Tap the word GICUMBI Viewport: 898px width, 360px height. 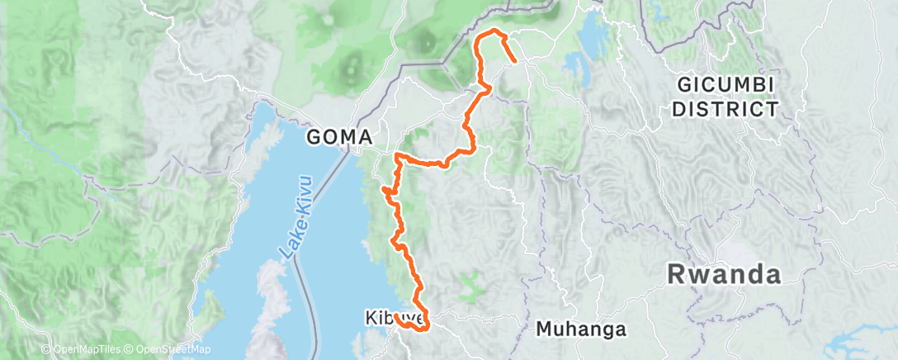(726, 85)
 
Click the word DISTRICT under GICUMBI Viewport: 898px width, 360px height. (726, 107)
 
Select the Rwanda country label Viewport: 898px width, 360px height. (725, 273)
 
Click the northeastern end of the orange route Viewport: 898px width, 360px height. (516, 61)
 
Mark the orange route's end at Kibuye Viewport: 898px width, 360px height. (397, 316)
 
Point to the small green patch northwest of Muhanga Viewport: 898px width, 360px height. (470, 287)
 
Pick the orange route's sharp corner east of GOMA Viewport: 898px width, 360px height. (398, 154)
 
